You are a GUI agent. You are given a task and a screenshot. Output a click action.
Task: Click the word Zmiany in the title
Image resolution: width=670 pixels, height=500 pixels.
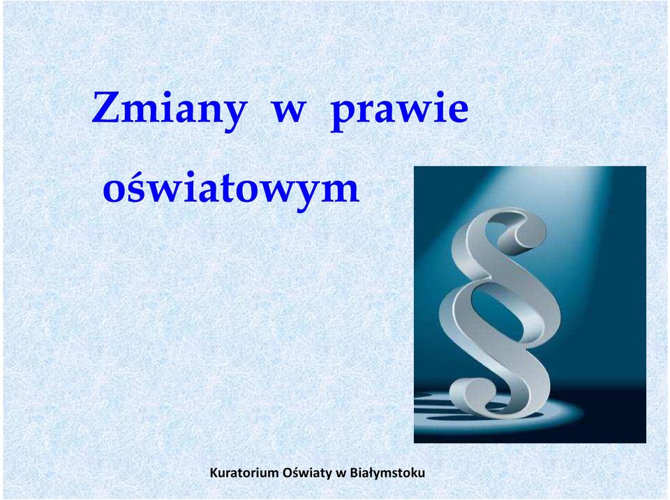pyautogui.click(x=169, y=108)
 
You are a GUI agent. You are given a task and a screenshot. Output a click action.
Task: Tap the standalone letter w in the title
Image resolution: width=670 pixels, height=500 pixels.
pyautogui.click(x=289, y=112)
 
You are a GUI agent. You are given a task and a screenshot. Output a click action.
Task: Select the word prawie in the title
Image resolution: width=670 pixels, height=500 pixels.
pyautogui.click(x=399, y=110)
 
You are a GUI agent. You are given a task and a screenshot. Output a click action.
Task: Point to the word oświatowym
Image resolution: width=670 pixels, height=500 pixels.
pyautogui.click(x=231, y=188)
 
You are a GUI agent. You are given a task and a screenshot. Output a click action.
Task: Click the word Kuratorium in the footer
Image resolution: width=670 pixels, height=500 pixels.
pyautogui.click(x=244, y=473)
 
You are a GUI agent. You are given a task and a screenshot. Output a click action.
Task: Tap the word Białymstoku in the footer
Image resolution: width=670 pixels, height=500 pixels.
pyautogui.click(x=387, y=473)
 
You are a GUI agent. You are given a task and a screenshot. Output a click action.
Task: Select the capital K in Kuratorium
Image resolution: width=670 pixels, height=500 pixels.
pyautogui.click(x=214, y=473)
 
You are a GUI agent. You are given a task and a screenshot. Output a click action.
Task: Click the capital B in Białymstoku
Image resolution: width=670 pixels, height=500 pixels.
pyautogui.click(x=353, y=473)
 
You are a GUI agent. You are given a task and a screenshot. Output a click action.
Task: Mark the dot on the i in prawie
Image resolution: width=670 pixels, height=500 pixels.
pyautogui.click(x=440, y=94)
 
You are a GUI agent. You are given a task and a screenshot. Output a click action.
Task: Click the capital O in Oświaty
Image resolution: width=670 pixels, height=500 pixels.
pyautogui.click(x=288, y=473)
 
